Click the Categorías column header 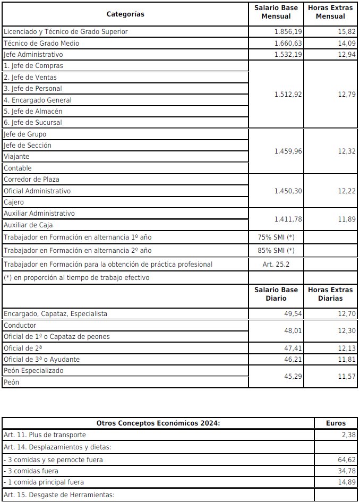pos(125,14)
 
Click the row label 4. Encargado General pos(37,100)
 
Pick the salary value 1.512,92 pos(288,94)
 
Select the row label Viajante pos(16,157)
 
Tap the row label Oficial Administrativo pos(37,191)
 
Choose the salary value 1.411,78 pos(288,219)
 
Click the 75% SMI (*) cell pos(276,237)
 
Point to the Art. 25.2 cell pos(276,264)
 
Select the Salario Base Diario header pos(276,294)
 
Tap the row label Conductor pos(20,325)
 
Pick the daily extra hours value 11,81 pos(345,359)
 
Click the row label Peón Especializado pos(33,370)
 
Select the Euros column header pos(336,423)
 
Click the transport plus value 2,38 pos(348,435)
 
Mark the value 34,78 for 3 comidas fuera pos(346,471)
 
